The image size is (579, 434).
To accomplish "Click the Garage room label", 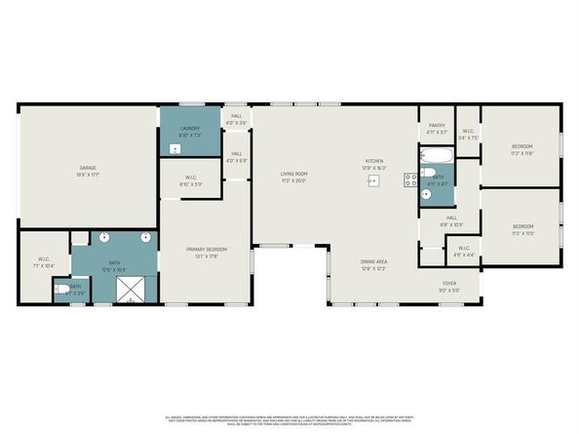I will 88,172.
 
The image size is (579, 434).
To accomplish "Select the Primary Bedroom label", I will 206,253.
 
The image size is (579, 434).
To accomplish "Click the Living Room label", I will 293,177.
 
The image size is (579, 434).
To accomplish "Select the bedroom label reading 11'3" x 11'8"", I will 522,149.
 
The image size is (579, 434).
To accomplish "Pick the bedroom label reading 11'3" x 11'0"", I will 523,231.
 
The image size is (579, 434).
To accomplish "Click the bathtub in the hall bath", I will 437,156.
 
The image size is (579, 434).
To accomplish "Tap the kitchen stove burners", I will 412,178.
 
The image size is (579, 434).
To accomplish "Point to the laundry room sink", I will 174,149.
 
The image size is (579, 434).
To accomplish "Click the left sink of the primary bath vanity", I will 104,237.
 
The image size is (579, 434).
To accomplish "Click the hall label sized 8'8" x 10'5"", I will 451,221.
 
